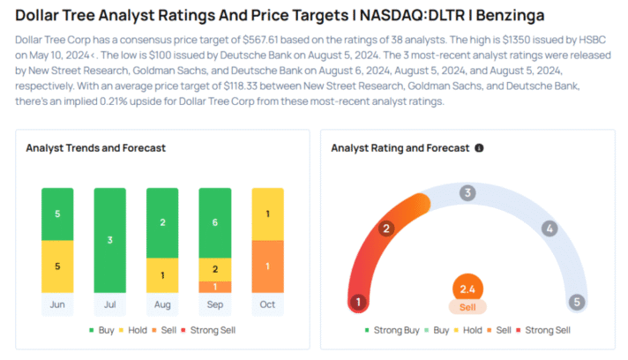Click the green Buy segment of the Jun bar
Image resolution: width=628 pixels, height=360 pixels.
coord(57,214)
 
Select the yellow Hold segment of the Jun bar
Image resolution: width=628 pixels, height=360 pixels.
coord(57,266)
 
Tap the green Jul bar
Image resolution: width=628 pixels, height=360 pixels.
coord(110,240)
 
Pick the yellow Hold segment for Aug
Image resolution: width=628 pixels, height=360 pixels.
coord(162,275)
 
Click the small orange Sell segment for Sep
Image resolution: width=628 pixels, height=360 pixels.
coord(215,287)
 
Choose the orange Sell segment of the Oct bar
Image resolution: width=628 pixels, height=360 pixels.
coord(267,266)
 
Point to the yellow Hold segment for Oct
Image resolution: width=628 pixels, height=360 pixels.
coord(267,214)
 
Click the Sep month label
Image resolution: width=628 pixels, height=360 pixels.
coord(215,304)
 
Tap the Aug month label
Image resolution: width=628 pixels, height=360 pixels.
coord(162,304)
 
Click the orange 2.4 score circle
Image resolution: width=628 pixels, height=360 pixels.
coord(467,288)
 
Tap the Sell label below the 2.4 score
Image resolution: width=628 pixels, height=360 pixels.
coord(467,306)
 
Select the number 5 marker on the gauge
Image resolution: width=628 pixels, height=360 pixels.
coord(576,303)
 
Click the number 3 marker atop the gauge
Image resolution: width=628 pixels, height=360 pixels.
coord(467,192)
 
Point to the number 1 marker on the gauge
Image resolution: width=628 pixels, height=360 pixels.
coord(358,303)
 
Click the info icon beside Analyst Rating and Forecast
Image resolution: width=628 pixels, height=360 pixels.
coord(479,148)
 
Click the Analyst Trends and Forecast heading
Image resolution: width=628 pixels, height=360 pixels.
coord(96,148)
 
